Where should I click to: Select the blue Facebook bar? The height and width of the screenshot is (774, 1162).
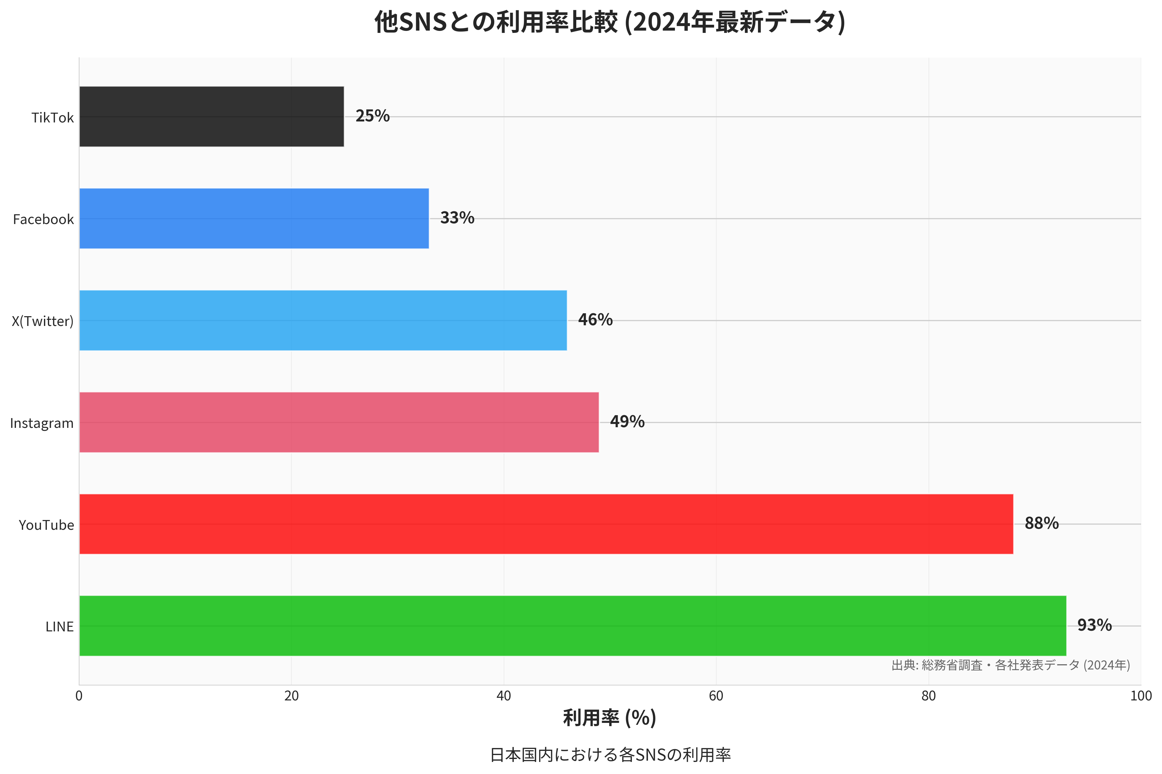tap(254, 218)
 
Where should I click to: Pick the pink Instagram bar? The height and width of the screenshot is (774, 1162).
tap(339, 422)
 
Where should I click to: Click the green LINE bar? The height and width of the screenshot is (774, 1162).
tap(572, 626)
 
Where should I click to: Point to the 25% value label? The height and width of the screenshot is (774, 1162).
tap(372, 116)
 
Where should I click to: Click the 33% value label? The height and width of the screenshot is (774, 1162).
tap(457, 218)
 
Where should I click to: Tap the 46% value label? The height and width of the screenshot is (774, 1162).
tap(595, 320)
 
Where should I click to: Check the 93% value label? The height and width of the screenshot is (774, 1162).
tap(1094, 625)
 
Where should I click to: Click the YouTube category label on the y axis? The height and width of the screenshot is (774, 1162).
tap(46, 525)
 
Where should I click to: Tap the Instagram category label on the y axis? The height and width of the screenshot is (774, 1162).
tap(42, 423)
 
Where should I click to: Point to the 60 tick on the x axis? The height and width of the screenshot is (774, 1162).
tap(716, 696)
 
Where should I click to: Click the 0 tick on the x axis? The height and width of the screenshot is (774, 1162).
tap(79, 696)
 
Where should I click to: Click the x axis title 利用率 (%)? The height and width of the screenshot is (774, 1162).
tap(609, 718)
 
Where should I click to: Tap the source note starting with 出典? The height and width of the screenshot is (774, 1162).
tap(1011, 665)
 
